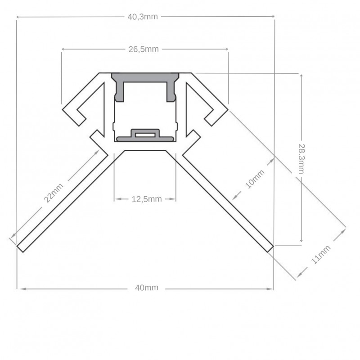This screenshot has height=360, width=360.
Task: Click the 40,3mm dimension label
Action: pos(143,17)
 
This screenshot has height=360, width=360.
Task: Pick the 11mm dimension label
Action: pos(321,255)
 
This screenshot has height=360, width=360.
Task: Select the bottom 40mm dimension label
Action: pos(146,288)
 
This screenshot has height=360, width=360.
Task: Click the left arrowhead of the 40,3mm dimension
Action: pos(19,17)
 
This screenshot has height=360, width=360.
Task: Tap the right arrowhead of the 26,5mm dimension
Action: pos(226,49)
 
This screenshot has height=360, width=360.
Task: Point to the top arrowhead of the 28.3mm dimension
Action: pos(301,75)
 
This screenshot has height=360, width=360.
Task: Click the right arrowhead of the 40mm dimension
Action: pos(271,288)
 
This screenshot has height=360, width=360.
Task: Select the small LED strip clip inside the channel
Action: pos(144,134)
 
